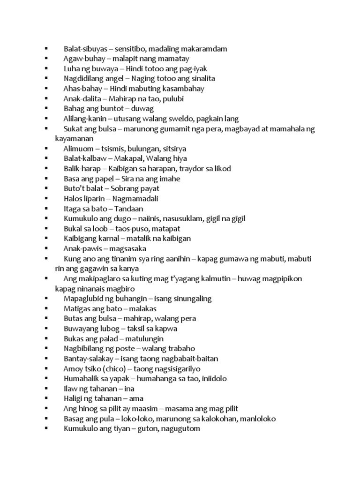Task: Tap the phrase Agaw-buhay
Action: [83, 59]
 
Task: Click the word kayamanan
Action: [75, 139]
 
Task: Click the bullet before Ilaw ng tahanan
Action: [47, 389]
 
